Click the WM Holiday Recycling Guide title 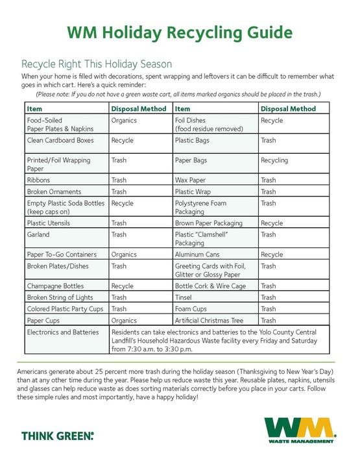(x=180, y=32)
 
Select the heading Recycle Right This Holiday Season (x=97, y=64)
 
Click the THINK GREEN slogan (x=58, y=435)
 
